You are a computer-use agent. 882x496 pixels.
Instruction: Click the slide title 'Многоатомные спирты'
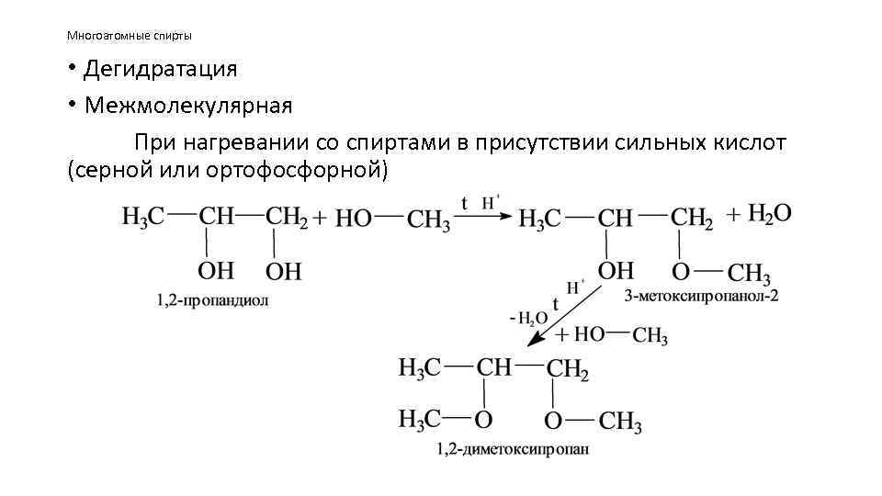[129, 36]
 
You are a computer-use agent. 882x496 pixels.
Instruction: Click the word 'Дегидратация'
[161, 69]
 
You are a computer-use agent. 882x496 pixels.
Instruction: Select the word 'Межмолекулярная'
[188, 106]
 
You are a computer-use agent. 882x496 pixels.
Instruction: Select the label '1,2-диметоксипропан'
[513, 449]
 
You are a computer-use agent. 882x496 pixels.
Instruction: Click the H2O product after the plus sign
[770, 214]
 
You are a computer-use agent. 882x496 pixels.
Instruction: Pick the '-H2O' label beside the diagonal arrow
[528, 319]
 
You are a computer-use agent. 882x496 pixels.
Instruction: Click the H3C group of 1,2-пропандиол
[143, 218]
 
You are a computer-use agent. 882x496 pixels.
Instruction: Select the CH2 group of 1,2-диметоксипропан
[567, 369]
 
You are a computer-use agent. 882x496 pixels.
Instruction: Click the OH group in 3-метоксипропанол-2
[616, 271]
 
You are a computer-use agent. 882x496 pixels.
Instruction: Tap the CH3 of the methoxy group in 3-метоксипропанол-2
[749, 274]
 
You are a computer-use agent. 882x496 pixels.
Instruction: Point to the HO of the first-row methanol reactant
[352, 219]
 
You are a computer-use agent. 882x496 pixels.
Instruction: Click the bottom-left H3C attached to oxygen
[419, 420]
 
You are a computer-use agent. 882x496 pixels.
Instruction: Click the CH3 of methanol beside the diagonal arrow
[650, 337]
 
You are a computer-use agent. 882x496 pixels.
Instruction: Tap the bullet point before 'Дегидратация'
[71, 69]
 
